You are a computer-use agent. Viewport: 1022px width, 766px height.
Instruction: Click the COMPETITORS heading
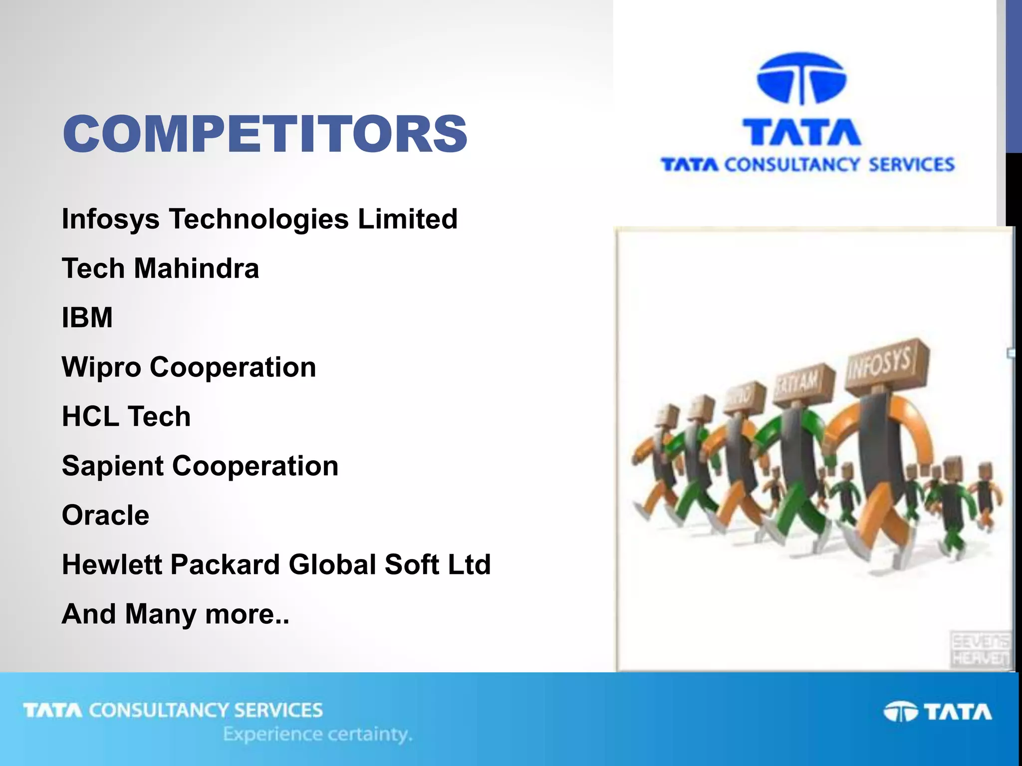[x=265, y=134]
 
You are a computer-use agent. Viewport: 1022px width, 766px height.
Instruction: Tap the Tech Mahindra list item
[x=160, y=268]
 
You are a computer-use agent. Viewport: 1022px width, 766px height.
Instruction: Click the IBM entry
[x=87, y=318]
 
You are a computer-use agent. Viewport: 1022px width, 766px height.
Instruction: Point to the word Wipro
[x=101, y=368]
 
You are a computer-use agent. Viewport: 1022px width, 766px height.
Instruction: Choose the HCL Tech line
[x=126, y=416]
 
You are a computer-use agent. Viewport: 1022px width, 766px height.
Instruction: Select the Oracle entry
[x=105, y=515]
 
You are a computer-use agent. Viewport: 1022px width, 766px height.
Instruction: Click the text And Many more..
[x=175, y=614]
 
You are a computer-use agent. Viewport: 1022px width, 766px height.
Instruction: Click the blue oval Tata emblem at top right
[x=801, y=79]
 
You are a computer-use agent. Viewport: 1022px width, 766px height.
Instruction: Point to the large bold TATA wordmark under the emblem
[x=802, y=132]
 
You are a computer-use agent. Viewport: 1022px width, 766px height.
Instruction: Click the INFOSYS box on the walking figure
[x=887, y=364]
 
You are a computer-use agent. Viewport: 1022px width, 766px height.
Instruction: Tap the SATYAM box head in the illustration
[x=803, y=383]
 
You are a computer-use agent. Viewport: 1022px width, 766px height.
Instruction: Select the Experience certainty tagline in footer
[x=318, y=735]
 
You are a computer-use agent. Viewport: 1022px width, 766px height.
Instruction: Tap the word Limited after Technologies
[x=407, y=219]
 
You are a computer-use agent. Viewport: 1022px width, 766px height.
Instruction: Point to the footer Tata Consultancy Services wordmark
[x=173, y=710]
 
